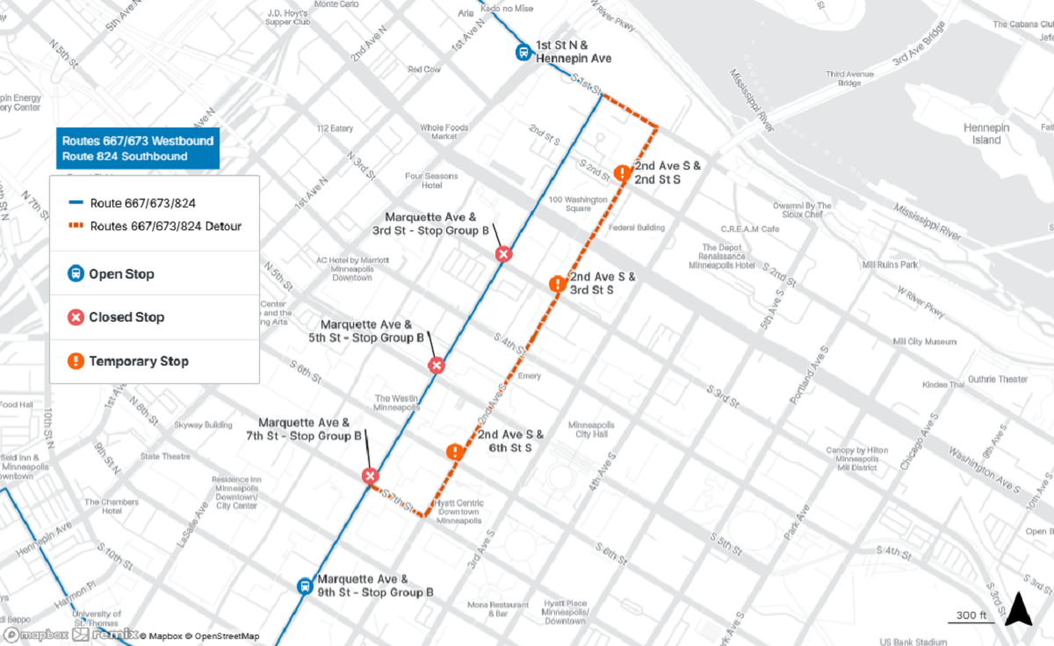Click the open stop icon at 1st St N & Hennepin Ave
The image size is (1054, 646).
click(523, 53)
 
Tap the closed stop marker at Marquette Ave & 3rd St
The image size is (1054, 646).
click(503, 254)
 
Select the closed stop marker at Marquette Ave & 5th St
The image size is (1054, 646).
click(436, 366)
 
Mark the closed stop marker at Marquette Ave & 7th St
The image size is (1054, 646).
click(370, 475)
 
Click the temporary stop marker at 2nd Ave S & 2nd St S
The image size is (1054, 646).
click(622, 173)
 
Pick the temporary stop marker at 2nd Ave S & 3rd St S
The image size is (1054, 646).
click(557, 284)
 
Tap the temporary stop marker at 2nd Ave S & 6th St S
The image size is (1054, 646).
click(455, 453)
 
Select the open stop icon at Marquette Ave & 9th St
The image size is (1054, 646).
click(304, 586)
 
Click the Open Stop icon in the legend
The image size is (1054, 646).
click(76, 274)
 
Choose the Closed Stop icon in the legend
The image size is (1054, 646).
click(76, 317)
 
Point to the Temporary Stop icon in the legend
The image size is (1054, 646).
click(76, 361)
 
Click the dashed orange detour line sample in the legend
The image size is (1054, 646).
click(76, 227)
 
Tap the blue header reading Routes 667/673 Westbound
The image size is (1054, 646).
click(138, 141)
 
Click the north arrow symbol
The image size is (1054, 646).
click(1017, 608)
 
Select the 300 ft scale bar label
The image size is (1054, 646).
click(971, 614)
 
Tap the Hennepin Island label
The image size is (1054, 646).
click(986, 134)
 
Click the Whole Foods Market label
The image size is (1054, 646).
click(444, 132)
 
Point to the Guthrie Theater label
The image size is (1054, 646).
click(999, 380)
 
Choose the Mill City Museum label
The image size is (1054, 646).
click(924, 342)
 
